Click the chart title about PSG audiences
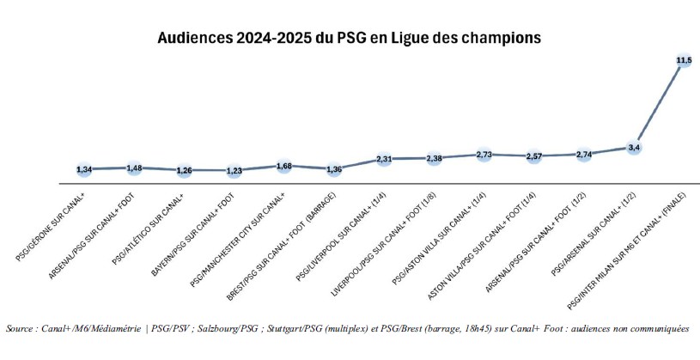[349, 39]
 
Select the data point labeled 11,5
[684, 60]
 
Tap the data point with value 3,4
[634, 148]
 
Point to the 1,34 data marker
[84, 169]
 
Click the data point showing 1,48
[134, 168]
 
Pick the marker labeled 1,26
[184, 170]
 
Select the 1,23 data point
[234, 171]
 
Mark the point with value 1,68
[283, 166]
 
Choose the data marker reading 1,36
[334, 169]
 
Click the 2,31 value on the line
[384, 159]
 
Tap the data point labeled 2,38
[434, 158]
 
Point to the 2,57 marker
[534, 156]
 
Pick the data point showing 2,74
[584, 155]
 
